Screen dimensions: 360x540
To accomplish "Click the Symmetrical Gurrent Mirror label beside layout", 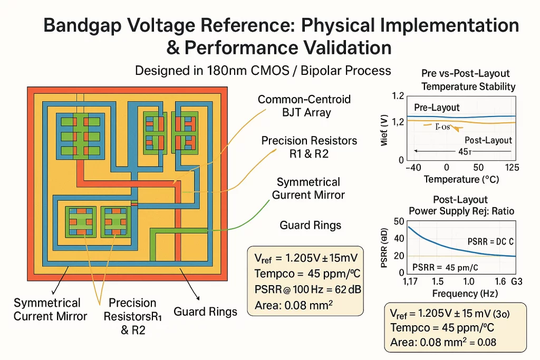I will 308,189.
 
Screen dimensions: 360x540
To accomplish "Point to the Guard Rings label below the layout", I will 205,312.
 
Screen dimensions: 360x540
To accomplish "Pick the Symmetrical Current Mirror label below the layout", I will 47,309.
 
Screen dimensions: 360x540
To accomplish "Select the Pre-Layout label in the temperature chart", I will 437,108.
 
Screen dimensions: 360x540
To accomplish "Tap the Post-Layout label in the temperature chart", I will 488,140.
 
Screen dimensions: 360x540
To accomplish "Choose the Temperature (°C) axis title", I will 461,179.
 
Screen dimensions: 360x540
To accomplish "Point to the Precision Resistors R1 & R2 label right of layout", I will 309,147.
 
